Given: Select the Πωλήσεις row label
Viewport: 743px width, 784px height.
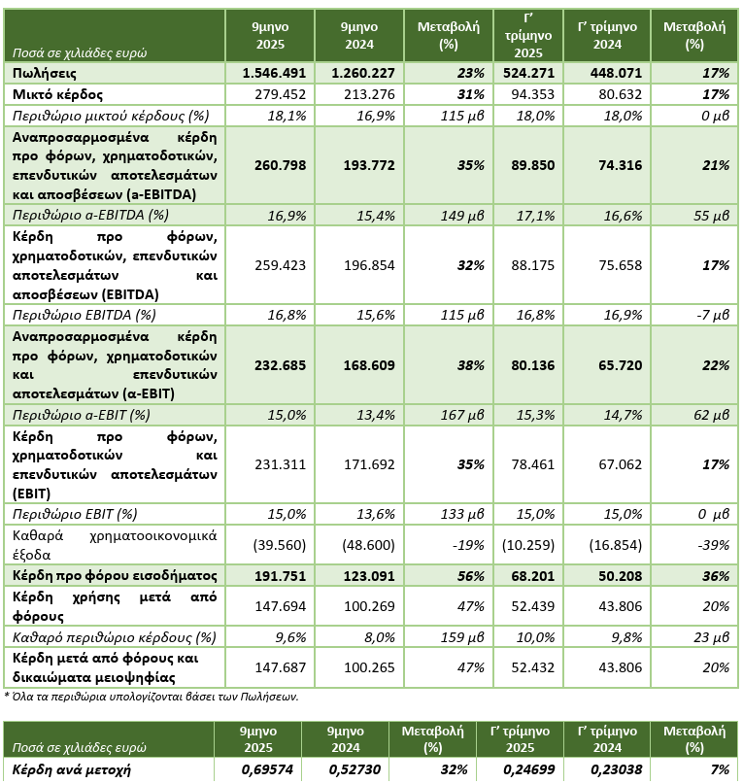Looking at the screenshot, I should [45, 73].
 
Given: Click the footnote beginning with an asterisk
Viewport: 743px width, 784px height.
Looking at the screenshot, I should [151, 696].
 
